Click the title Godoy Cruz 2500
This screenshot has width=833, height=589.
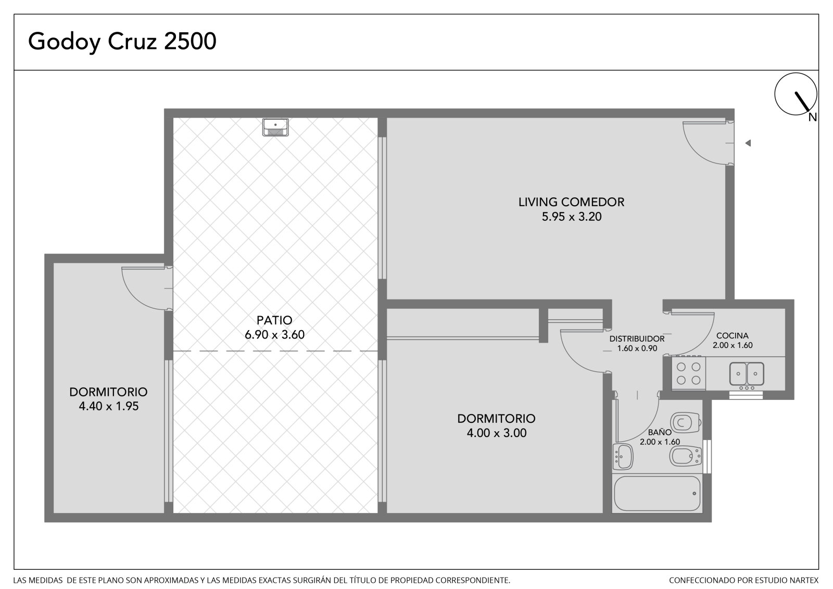[122, 42]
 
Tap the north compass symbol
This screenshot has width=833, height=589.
[796, 94]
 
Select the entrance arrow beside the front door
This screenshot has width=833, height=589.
[748, 143]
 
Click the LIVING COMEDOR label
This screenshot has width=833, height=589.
[571, 202]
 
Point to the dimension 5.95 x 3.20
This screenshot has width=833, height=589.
[571, 217]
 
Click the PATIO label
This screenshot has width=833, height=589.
[274, 320]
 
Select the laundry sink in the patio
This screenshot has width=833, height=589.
[275, 127]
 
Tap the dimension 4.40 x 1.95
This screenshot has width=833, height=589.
[109, 406]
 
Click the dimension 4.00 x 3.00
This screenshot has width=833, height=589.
[497, 433]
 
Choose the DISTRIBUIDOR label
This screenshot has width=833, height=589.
[637, 339]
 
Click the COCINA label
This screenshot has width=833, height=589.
[732, 335]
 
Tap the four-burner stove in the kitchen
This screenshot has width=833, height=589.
[688, 373]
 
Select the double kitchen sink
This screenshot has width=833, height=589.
[747, 373]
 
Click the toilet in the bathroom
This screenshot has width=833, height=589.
[686, 423]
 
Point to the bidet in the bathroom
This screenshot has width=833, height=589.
[685, 456]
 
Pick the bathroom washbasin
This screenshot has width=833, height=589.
[623, 457]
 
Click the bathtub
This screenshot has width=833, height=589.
[657, 494]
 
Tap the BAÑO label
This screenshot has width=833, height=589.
[659, 432]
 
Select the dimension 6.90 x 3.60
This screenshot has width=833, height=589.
[274, 334]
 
